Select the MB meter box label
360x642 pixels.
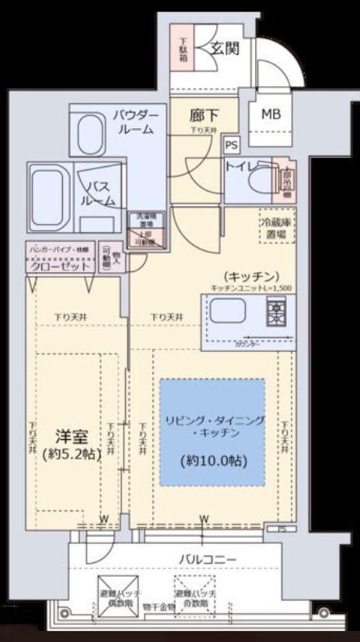coord(271,114)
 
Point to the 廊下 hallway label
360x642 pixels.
coord(204,116)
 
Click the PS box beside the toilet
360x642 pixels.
coord(231,144)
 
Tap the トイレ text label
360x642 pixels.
coord(242,166)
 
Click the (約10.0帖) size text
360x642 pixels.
coord(212,460)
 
